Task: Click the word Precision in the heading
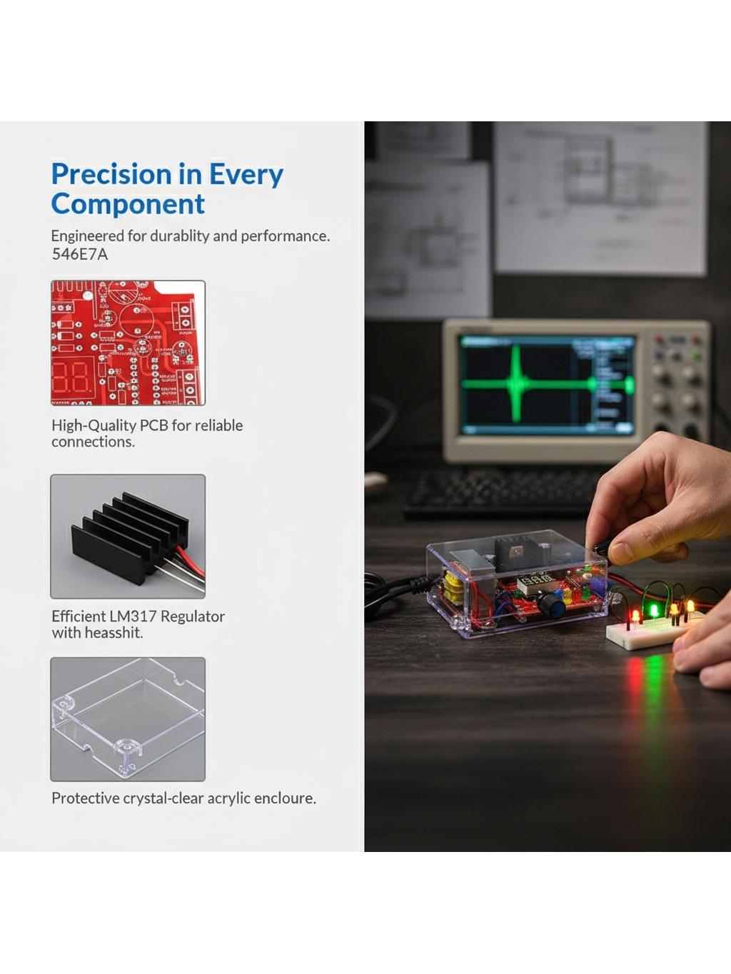111,174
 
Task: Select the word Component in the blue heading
128,204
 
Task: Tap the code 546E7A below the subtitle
80,254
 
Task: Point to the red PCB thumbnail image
128,343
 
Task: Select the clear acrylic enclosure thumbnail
128,719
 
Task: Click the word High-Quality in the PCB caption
94,426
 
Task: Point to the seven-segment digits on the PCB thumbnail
71,377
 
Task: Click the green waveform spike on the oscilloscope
515,383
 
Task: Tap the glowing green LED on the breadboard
654,611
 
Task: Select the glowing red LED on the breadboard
635,616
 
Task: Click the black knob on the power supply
552,605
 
